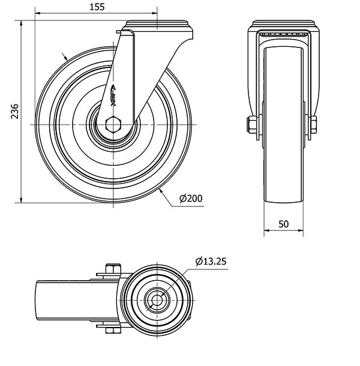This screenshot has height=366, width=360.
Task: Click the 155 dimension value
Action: tap(97, 7)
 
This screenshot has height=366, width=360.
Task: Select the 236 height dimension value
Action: tap(15, 111)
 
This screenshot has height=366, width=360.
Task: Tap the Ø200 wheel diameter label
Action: tap(191, 199)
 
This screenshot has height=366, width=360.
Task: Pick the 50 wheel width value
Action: tap(283, 224)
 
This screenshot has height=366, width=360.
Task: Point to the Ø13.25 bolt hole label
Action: tap(211, 262)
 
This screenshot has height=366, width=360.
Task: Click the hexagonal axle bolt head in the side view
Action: tap(113, 124)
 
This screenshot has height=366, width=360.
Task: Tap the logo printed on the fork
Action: tap(113, 95)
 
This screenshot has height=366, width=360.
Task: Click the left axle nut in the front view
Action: tap(251, 125)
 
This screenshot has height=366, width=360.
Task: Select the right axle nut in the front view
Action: tap(313, 125)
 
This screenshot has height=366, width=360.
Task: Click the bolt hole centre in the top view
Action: tap(157, 300)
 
